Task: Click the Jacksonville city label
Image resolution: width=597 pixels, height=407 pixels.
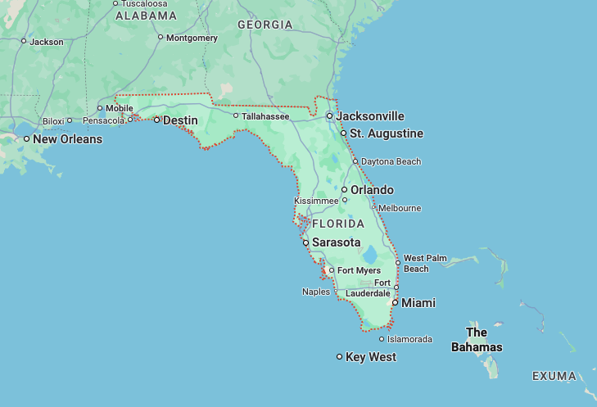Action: (x=370, y=116)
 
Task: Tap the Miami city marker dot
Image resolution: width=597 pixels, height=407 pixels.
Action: (x=395, y=303)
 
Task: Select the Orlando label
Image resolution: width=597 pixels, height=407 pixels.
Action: (x=373, y=190)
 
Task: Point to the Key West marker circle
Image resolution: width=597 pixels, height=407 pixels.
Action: (x=340, y=356)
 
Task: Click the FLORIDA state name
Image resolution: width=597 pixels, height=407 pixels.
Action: (x=337, y=224)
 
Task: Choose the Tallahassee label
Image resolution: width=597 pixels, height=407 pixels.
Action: (x=265, y=116)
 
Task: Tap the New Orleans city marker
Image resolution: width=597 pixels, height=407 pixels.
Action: (x=26, y=139)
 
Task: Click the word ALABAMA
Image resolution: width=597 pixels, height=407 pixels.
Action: (x=146, y=16)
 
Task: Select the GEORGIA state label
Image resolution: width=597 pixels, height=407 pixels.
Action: (x=265, y=25)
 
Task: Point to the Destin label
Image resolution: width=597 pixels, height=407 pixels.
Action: (x=180, y=120)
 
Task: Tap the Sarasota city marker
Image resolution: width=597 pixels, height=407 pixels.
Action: (x=305, y=243)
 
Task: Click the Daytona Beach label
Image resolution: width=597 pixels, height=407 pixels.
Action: (x=391, y=161)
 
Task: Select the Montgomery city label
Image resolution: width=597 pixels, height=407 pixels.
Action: (x=192, y=38)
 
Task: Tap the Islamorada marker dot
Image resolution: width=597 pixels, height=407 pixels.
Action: (x=382, y=339)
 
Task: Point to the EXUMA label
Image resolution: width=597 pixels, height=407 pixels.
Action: (x=555, y=376)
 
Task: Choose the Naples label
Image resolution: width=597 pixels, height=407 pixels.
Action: (x=316, y=292)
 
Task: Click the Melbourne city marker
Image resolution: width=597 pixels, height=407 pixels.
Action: (x=373, y=208)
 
